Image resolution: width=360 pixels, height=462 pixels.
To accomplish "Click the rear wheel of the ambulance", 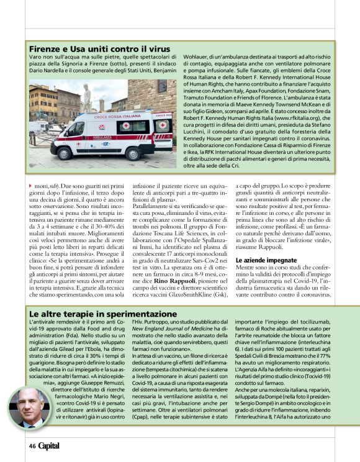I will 130,150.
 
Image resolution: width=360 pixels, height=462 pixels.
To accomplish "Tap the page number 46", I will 32,446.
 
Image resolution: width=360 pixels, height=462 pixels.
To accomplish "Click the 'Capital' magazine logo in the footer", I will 50,446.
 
